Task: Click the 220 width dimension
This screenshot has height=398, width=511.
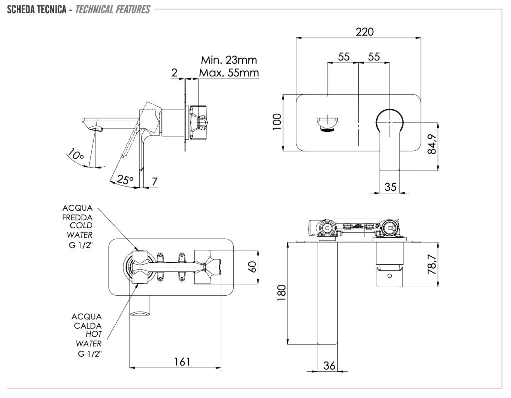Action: [x=364, y=31]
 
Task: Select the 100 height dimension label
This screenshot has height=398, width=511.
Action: [x=277, y=121]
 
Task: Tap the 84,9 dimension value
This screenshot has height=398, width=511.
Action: [x=432, y=144]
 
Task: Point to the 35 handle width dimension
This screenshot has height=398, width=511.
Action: [x=391, y=187]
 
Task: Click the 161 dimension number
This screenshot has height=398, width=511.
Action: [x=182, y=362]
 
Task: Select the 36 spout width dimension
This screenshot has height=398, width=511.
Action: [x=329, y=366]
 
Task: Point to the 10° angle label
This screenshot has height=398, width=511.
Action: [x=76, y=155]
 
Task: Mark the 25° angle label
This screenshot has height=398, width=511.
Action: [x=125, y=179]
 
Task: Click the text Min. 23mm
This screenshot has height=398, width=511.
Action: [x=229, y=60]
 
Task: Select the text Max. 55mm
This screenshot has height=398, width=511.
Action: [x=229, y=73]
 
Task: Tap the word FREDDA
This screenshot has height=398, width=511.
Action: [x=77, y=217]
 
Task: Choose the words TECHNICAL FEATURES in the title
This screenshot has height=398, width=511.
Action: [x=112, y=9]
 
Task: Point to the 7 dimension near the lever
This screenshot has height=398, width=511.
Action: [x=154, y=181]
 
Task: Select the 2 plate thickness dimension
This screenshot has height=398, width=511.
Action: [x=174, y=73]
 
